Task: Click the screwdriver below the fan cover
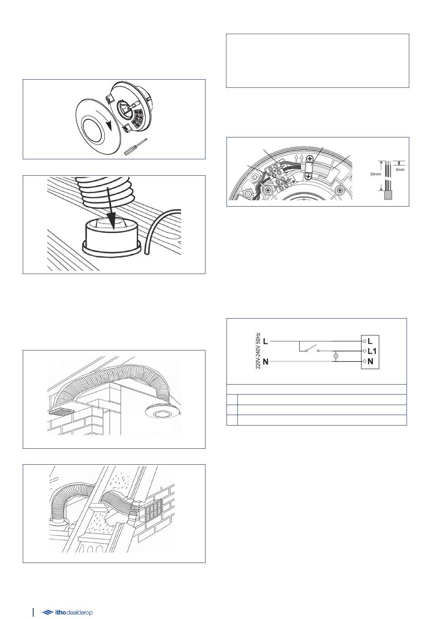point(135,147)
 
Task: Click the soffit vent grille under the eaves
point(61,412)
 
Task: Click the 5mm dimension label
point(400,170)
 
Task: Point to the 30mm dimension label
point(375,174)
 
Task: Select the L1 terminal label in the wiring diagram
point(372,351)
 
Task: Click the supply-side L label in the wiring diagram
point(265,341)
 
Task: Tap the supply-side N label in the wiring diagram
point(266,361)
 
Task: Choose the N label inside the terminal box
point(371,361)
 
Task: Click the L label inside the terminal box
point(370,341)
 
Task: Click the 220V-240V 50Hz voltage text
point(258,351)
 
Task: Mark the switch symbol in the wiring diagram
point(312,349)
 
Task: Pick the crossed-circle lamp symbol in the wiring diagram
point(336,356)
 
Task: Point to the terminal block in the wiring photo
point(277,176)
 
